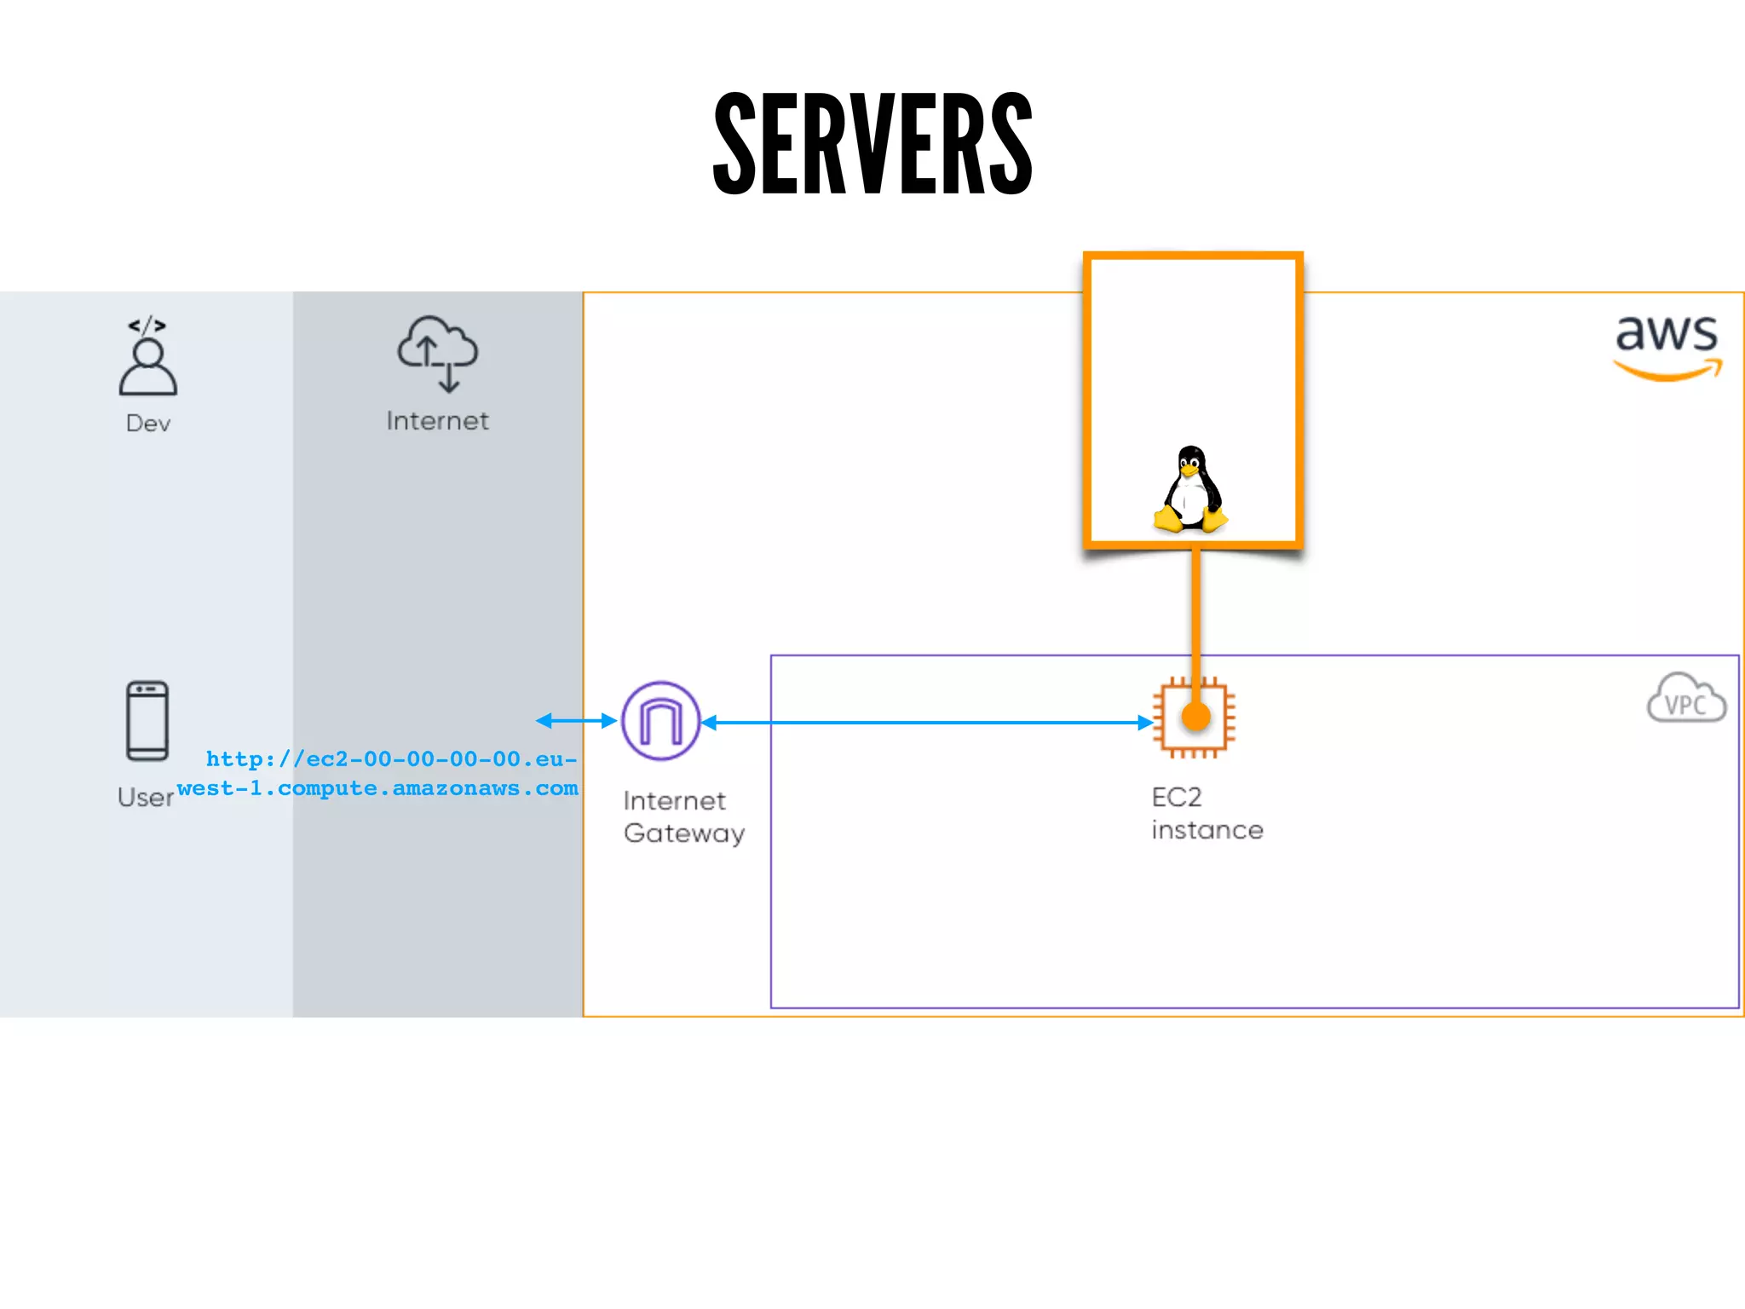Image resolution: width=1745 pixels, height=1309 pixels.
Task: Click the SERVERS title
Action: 872,143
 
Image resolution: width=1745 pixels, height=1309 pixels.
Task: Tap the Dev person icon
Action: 148,366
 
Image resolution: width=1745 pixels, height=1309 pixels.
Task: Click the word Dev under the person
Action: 148,424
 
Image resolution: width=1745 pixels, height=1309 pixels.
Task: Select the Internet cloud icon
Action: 438,353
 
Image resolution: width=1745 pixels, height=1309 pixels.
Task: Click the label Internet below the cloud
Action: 438,421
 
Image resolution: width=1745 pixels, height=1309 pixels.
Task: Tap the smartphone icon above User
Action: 147,720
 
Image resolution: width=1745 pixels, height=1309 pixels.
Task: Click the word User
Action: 146,798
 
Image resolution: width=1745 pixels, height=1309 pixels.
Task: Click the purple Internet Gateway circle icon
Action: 661,721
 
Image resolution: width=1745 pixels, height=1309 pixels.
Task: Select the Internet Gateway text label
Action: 683,817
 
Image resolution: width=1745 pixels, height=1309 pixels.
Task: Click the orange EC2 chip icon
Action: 1194,718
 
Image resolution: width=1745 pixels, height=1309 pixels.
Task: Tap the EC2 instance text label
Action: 1207,814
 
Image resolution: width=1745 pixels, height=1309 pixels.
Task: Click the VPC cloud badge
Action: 1686,700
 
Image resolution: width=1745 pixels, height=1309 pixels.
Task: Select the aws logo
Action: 1667,345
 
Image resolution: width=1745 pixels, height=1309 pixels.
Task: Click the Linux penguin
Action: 1190,490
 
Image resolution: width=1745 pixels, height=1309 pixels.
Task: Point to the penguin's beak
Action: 1189,470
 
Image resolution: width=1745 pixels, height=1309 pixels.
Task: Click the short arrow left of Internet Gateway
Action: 576,721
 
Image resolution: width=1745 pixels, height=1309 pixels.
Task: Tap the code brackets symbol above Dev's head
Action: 147,325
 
